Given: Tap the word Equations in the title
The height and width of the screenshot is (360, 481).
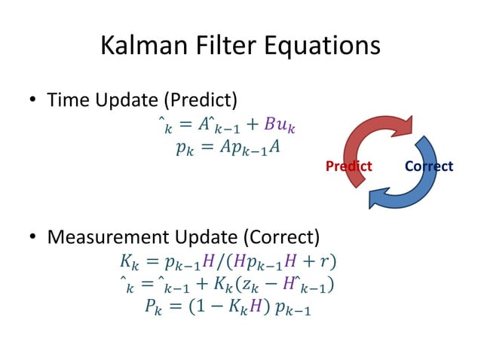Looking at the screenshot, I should (320, 46).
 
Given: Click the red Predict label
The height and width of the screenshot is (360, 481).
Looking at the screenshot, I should (348, 166).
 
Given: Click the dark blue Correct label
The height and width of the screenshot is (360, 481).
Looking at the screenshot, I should (429, 166).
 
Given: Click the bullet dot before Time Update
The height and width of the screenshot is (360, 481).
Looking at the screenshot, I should (33, 100).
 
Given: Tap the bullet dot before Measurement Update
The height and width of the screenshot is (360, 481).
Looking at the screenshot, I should (33, 239).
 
